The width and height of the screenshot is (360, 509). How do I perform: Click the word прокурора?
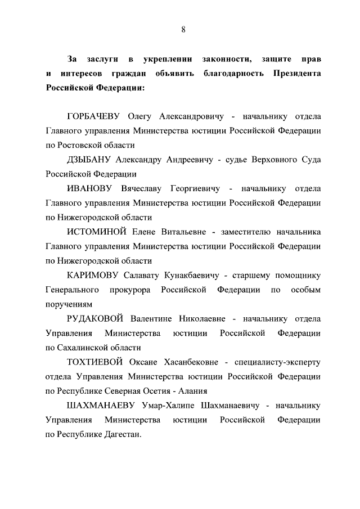point(129,290)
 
